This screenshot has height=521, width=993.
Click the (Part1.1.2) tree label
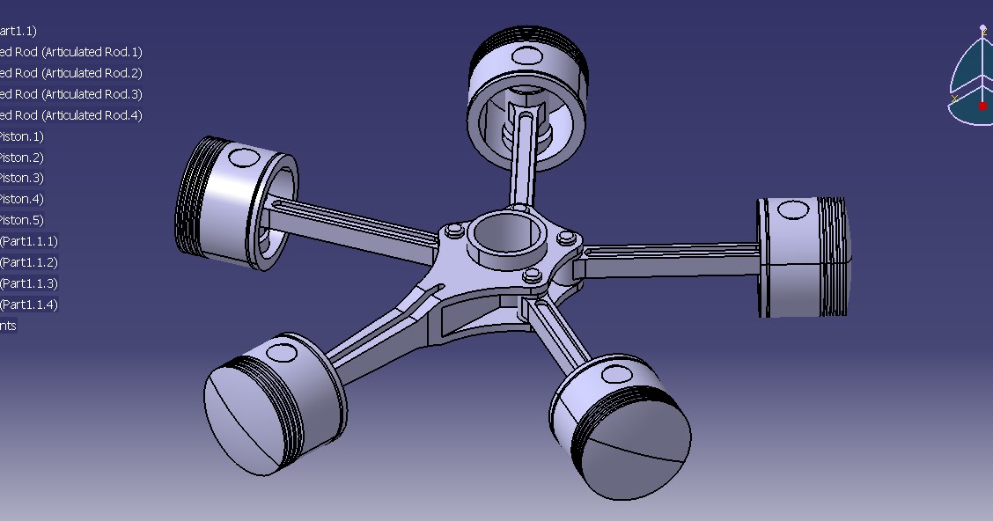click(x=29, y=262)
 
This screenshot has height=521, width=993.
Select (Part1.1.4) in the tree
click(x=29, y=305)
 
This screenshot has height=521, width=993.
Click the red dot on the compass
click(x=982, y=106)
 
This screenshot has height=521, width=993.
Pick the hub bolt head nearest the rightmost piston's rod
click(x=567, y=238)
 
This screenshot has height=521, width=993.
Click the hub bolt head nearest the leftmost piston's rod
click(x=453, y=231)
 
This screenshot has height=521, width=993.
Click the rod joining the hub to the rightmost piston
click(x=669, y=260)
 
